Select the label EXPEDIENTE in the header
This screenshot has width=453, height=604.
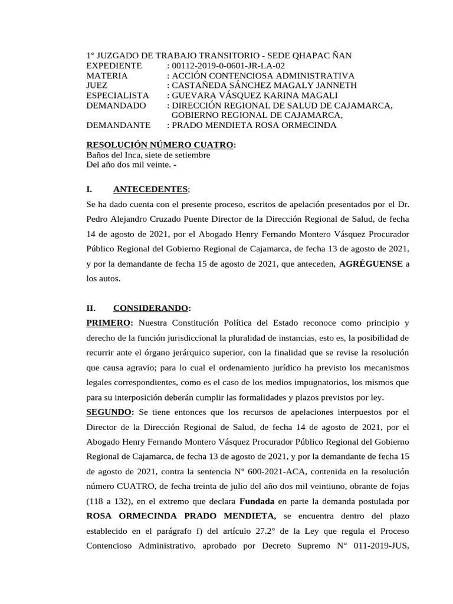tap(114, 65)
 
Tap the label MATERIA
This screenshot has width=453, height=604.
tap(107, 75)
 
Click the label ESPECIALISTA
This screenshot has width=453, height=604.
tap(117, 95)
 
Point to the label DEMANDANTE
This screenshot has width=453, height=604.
tap(119, 125)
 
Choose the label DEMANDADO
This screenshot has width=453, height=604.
tap(116, 105)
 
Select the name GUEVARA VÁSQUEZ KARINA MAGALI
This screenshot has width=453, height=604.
tap(255, 95)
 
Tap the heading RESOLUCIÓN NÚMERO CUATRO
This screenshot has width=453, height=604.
tap(160, 145)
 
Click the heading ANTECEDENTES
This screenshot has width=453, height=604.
tap(150, 189)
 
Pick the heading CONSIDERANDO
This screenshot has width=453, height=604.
tap(150, 308)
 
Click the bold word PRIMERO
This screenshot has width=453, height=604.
tap(109, 323)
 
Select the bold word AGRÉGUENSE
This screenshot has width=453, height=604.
tap(370, 264)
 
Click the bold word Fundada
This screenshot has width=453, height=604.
tap(257, 501)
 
